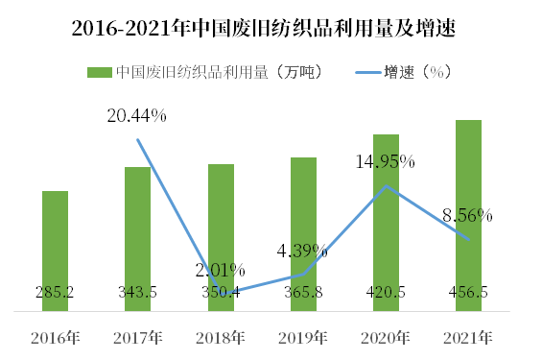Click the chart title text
[x=271, y=29]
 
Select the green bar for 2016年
[x=56, y=240]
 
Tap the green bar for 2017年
[x=137, y=230]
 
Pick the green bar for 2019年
[x=303, y=226]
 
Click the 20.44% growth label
[x=137, y=116]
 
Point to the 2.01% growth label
[x=220, y=270]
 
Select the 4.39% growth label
[x=302, y=252]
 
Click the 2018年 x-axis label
[x=221, y=338]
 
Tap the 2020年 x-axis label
[x=386, y=338]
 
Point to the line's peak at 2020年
[x=386, y=185]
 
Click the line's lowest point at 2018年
[x=221, y=292]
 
